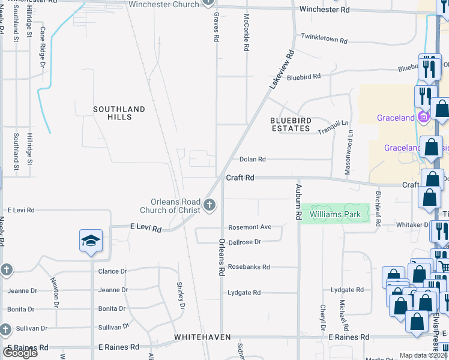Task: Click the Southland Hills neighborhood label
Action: point(119,113)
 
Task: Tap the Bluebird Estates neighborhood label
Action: point(291,124)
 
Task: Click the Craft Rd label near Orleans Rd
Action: point(240,178)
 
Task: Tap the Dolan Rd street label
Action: point(252,159)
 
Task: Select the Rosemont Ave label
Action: point(250,227)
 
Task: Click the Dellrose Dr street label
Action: point(245,242)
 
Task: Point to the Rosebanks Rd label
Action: point(249,267)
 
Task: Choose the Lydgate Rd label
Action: point(244,293)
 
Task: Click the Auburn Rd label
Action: point(298,202)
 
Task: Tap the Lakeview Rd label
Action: point(282,70)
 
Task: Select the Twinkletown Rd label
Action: point(324,41)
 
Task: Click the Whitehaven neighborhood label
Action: point(202,338)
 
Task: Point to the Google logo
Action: point(20,353)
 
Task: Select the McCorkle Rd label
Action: point(246,32)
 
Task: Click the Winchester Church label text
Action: point(164,5)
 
